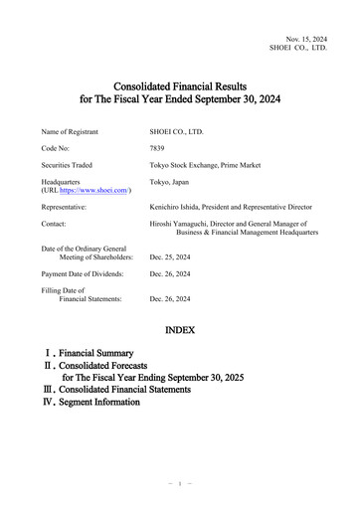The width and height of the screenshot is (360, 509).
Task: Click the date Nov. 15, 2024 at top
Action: click(x=305, y=37)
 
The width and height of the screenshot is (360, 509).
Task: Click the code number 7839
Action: click(x=157, y=147)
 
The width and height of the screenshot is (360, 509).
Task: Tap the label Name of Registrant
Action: click(x=74, y=130)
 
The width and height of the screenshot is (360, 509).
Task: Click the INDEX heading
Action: click(x=179, y=329)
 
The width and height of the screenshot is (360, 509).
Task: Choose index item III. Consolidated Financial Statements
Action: click(x=134, y=390)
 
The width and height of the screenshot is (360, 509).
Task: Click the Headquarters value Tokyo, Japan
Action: click(x=170, y=183)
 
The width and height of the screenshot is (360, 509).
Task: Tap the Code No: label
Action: click(x=58, y=147)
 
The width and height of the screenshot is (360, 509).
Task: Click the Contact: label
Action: click(x=57, y=225)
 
